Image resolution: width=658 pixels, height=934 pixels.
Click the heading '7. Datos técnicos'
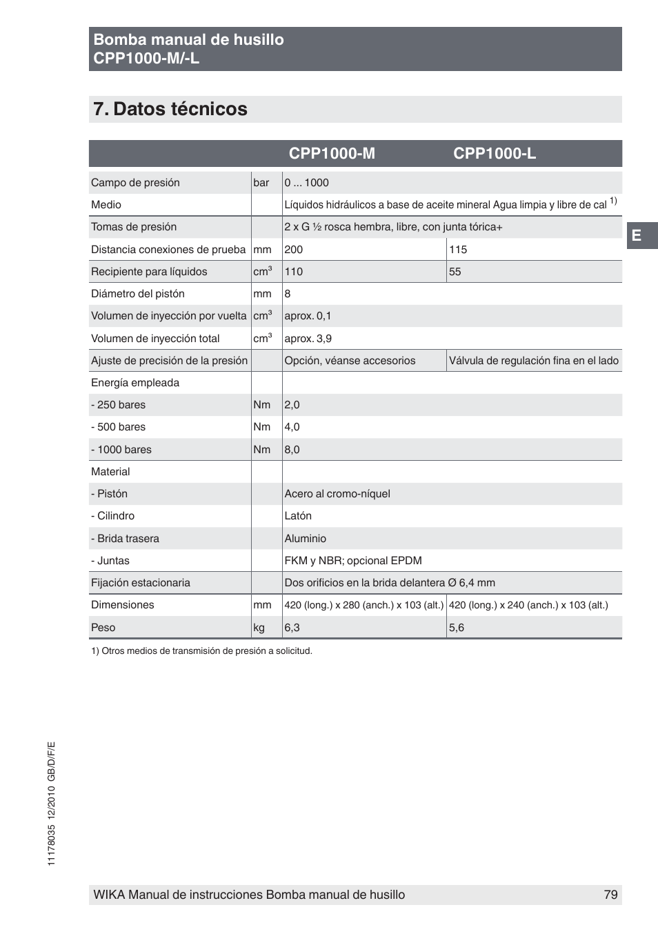tap(170, 109)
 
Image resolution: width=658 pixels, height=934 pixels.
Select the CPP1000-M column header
tap(332, 153)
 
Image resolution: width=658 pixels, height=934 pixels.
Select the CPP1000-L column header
tap(494, 153)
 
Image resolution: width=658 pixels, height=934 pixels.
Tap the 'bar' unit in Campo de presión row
tap(261, 183)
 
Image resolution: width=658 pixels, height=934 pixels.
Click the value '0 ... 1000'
tap(306, 183)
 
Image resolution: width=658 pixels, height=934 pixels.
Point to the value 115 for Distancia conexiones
tap(457, 250)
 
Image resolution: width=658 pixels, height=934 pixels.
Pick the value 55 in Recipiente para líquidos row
tap(455, 272)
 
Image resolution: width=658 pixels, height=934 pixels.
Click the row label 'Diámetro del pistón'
tap(137, 294)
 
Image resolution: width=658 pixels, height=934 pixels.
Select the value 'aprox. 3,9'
tap(308, 339)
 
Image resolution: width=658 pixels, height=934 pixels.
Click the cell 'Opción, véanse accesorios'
tap(350, 361)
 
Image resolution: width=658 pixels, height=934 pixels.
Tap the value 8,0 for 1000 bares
tap(292, 450)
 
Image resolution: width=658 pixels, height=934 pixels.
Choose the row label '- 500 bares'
tap(118, 427)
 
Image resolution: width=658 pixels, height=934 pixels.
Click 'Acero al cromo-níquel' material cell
tap(337, 494)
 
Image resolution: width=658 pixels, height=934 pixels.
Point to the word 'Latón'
tap(298, 516)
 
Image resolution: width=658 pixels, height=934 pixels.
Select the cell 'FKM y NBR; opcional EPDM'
tap(352, 561)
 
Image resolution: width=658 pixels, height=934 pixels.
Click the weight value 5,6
tap(456, 628)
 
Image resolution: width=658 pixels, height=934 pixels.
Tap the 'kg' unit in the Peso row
tap(259, 628)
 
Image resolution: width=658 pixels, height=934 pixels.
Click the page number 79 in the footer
tap(610, 895)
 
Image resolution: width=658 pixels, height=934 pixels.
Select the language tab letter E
tap(637, 236)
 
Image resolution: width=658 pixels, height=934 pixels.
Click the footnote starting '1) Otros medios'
tap(201, 650)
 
